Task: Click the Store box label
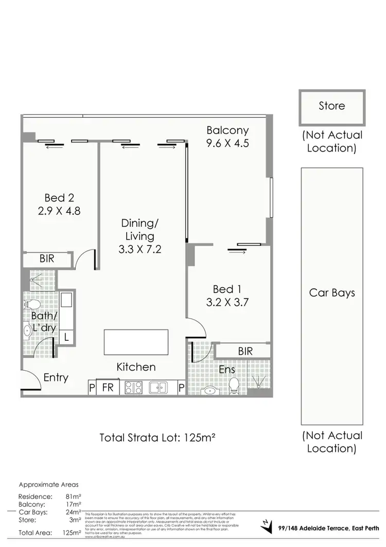331,106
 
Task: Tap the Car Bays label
332,293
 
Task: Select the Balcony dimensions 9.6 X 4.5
227,143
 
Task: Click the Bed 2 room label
59,197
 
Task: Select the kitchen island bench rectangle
136,342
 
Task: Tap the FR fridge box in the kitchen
108,388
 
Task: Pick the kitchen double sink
157,388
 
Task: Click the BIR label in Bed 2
47,259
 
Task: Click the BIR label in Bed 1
245,351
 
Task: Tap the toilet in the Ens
234,385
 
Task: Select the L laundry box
66,337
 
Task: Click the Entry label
56,377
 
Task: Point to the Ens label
227,370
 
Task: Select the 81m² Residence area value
74,496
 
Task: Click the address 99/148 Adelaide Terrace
328,527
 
